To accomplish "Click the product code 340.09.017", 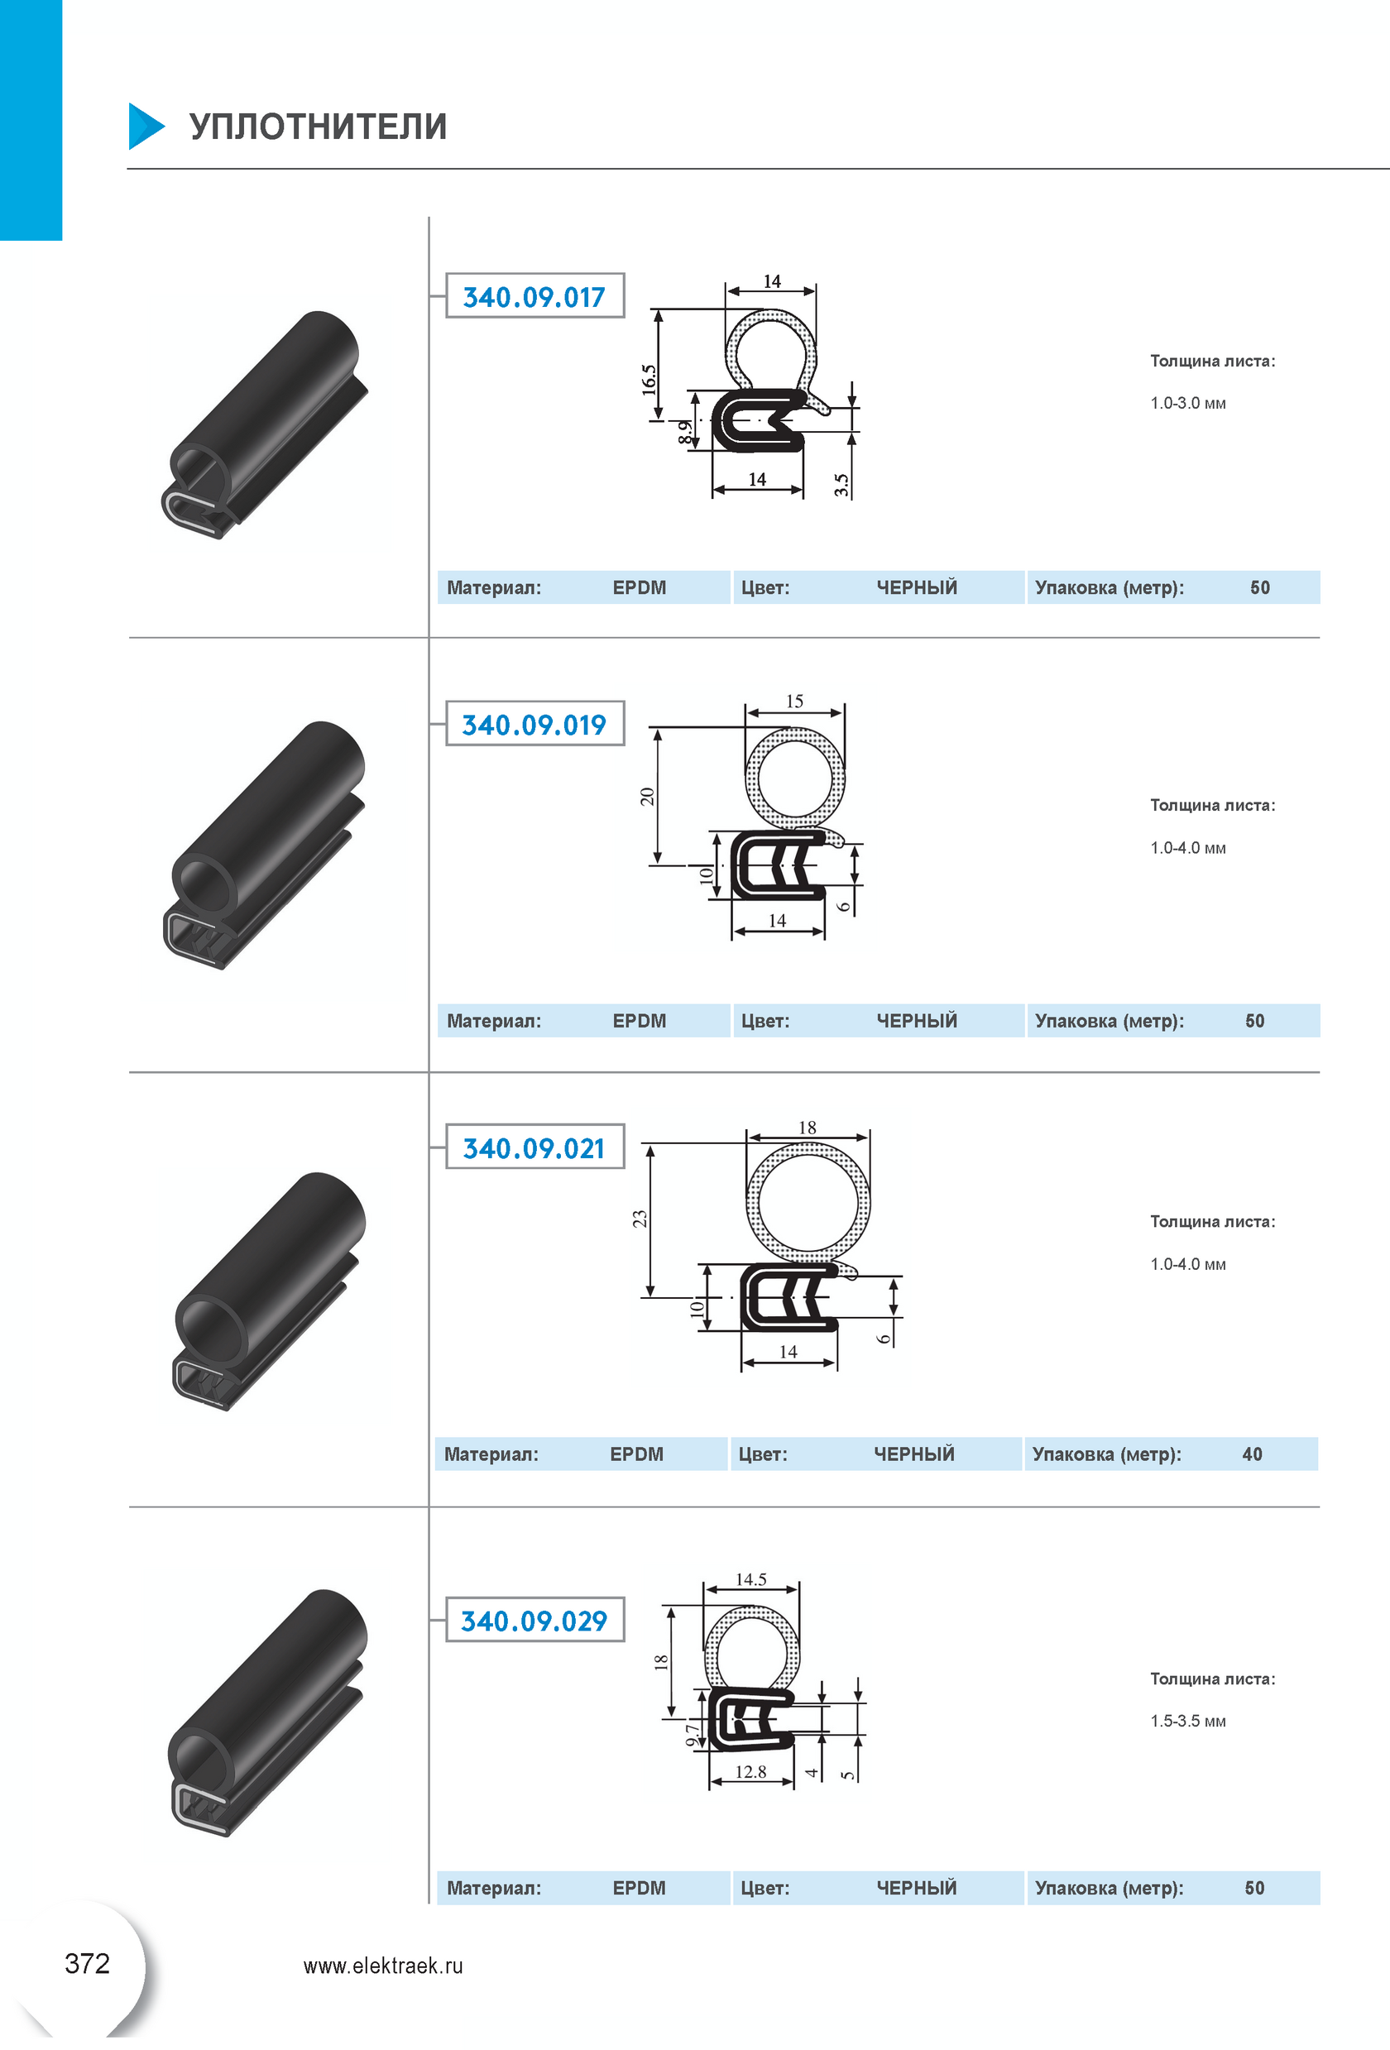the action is [534, 296].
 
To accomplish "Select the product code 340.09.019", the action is [534, 724].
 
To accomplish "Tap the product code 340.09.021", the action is [534, 1147].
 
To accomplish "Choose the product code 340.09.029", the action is [534, 1621].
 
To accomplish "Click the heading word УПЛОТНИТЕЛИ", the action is [319, 126].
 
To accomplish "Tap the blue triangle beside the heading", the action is [146, 126].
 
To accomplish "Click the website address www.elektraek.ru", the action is [383, 1966].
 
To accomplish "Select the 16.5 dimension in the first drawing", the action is [649, 378].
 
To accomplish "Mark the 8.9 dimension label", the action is [684, 431].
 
